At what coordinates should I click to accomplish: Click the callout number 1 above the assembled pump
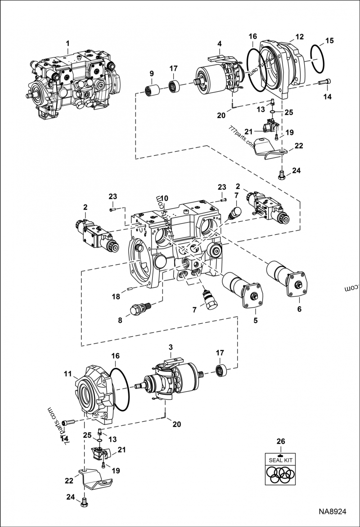point(67,44)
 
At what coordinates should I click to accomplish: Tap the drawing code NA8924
point(333,512)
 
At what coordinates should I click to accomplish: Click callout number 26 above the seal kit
point(280,442)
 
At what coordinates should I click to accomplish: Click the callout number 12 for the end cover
point(299,36)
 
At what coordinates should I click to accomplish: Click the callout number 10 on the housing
point(165,198)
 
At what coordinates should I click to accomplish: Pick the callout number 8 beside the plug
point(120,321)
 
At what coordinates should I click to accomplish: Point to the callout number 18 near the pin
point(116,296)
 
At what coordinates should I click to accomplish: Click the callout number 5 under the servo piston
point(255,320)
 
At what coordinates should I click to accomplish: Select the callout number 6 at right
point(299,309)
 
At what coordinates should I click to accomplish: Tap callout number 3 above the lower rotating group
point(171,347)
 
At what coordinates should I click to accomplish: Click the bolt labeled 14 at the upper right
point(324,82)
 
